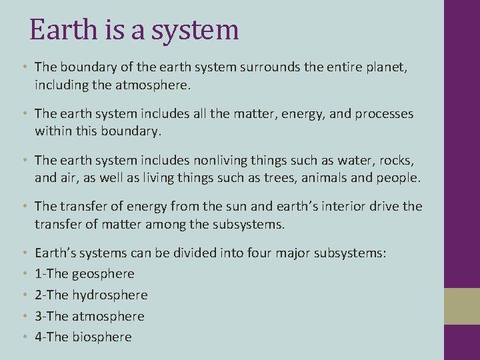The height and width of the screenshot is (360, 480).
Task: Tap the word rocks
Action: pos(395,160)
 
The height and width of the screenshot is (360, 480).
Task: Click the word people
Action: pos(401,178)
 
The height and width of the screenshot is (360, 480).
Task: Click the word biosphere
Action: pos(103,337)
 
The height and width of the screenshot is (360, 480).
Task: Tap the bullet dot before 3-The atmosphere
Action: pos(25,316)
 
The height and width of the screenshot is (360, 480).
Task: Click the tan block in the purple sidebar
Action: pos(462,307)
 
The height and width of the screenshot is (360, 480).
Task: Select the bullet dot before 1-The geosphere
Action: pos(25,274)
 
